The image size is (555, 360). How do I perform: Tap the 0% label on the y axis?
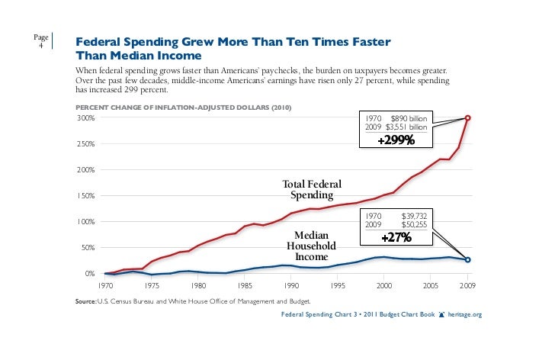pos(88,274)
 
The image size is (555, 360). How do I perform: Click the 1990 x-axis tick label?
pos(290,287)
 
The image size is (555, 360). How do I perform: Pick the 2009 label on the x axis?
pos(467,287)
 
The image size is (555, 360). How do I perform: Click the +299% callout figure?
pos(396,140)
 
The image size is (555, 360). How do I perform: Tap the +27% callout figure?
pos(396,238)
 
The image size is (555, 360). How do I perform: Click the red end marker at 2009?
pos(467,117)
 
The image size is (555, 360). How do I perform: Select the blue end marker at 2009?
pos(467,260)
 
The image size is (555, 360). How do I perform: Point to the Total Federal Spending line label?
pos(312,191)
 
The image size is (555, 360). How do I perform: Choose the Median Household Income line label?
pos(311,246)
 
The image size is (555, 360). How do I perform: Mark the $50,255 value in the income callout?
pos(416,225)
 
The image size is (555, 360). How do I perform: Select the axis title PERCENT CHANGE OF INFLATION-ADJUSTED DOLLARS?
pos(182,106)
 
